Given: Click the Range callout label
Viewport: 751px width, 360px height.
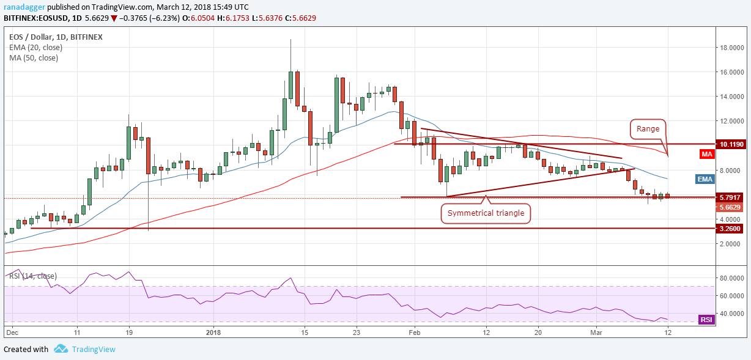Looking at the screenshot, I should [648, 130].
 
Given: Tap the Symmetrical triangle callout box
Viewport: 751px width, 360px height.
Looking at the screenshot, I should [486, 214].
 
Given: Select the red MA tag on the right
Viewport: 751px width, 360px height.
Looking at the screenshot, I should [706, 155].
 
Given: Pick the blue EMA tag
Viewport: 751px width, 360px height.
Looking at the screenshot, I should [706, 179].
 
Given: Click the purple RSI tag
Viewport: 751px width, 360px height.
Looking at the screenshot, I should [706, 320].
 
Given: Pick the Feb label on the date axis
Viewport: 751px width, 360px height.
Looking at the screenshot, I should [415, 332].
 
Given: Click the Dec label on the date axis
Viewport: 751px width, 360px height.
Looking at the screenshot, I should [12, 332].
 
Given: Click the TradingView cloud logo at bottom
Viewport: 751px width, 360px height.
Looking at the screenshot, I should [61, 349].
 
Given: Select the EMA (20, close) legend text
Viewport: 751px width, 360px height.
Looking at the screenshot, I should [35, 47].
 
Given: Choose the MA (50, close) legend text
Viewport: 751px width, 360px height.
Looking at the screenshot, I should [34, 58].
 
